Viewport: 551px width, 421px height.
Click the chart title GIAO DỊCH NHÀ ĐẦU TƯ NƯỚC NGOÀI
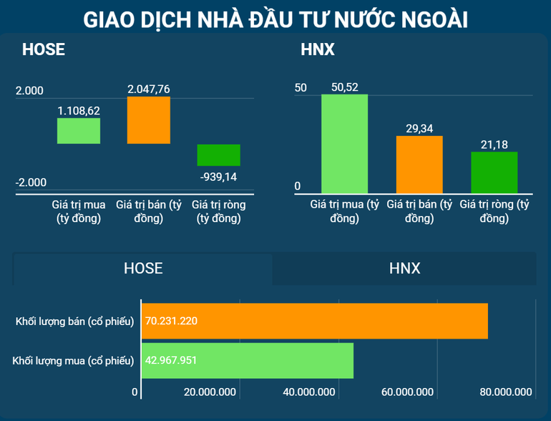(275, 19)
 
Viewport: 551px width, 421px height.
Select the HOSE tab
(143, 268)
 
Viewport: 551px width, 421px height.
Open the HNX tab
(404, 268)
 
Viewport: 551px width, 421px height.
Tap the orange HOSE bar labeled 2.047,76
(149, 120)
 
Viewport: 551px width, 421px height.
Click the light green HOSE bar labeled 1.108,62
(79, 131)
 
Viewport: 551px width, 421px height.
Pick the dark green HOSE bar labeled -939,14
(219, 155)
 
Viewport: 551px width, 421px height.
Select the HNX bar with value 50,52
(344, 144)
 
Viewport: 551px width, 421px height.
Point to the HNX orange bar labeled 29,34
(419, 165)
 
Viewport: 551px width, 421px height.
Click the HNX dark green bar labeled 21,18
(494, 173)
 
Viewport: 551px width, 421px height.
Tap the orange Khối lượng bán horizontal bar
(315, 321)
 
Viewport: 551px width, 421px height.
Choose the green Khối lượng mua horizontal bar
(248, 360)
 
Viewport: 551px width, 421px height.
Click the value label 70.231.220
(171, 321)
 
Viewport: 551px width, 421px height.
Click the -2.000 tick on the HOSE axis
(30, 183)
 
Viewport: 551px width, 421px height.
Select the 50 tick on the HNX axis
(301, 88)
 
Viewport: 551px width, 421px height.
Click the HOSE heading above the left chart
(44, 50)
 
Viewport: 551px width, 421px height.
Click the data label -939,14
(219, 177)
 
